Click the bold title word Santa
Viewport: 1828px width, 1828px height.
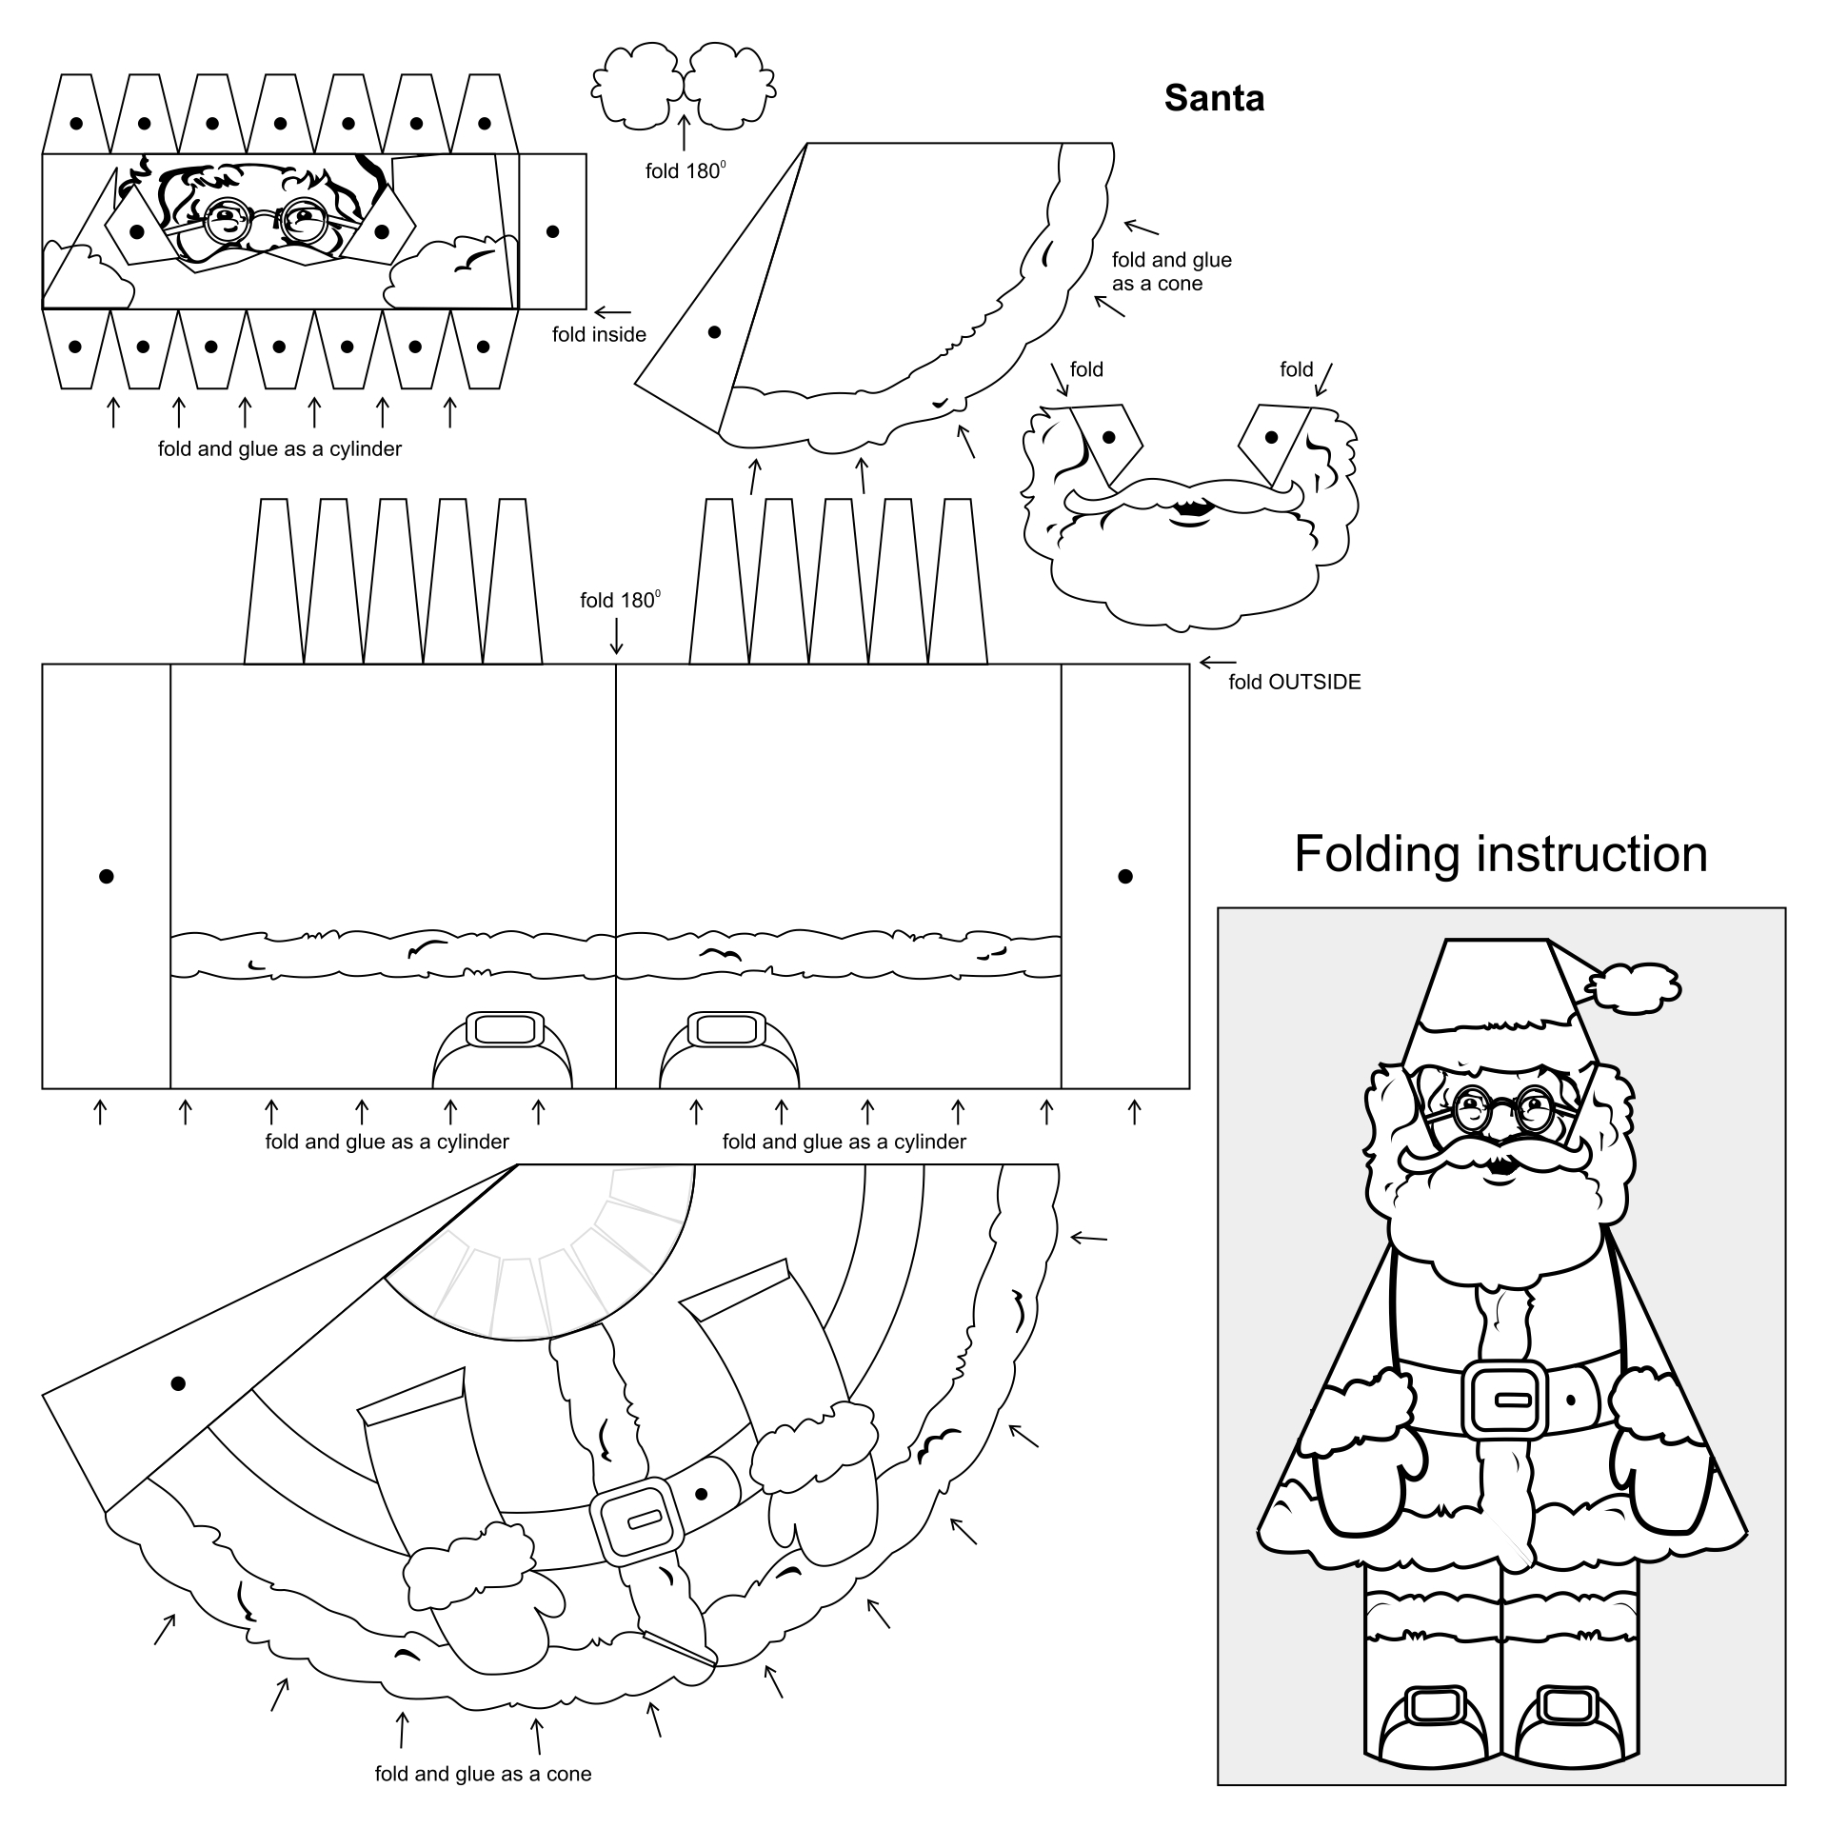point(1214,98)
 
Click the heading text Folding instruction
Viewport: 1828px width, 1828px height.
point(1500,854)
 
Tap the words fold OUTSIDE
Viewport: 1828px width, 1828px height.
point(1294,682)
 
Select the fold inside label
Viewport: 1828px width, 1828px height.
point(599,334)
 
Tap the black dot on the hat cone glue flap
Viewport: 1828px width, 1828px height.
point(714,331)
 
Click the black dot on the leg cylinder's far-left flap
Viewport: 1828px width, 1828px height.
point(107,876)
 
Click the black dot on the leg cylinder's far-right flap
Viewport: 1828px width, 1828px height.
point(1124,876)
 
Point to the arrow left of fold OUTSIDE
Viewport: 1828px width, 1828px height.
point(1218,662)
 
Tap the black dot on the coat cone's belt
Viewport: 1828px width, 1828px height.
point(702,1494)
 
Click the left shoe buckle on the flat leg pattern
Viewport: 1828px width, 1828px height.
point(504,1030)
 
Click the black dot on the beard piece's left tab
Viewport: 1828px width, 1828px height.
point(1107,437)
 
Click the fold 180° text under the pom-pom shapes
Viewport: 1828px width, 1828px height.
point(685,171)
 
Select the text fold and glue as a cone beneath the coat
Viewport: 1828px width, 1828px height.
point(483,1774)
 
